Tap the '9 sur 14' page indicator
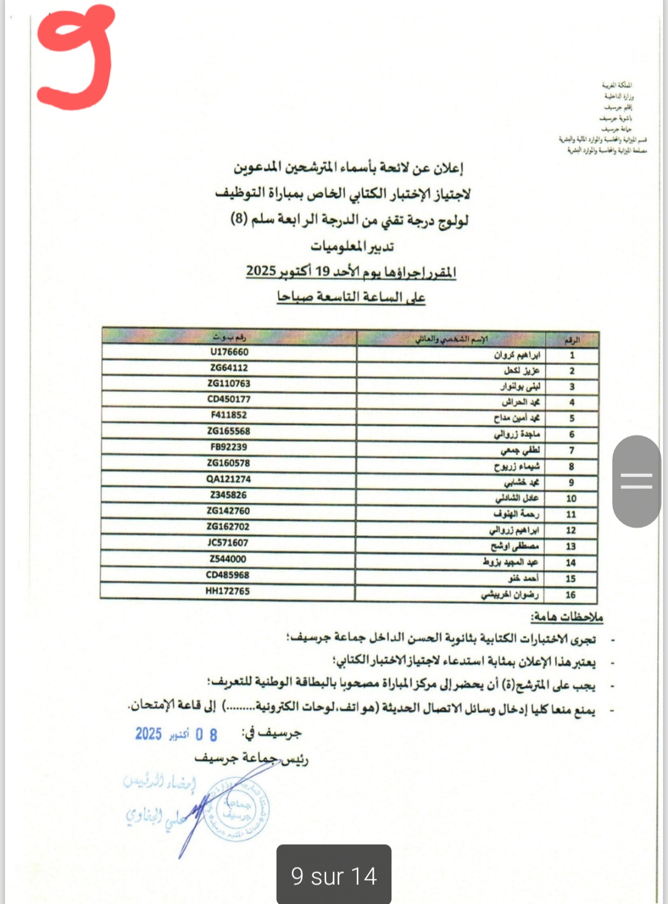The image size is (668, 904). pos(333,876)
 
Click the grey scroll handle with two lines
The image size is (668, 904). pos(636,481)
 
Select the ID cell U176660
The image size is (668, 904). pos(229,352)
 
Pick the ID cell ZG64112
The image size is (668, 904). pos(229,368)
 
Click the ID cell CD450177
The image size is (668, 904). pos(229,399)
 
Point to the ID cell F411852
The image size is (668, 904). pos(229,415)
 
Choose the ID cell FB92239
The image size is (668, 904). pos(229,447)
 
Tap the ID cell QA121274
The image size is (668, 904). pos(229,479)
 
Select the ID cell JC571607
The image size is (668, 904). pos(228,543)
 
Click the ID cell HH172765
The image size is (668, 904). pos(228,591)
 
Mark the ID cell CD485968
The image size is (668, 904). pos(228,575)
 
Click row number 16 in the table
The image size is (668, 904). pos(570,595)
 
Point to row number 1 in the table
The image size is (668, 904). pos(572,355)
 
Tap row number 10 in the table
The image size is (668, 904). pos(571,499)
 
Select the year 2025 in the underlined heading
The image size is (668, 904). pos(260,270)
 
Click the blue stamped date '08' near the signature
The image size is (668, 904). pos(207,734)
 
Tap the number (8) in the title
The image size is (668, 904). pos(239,219)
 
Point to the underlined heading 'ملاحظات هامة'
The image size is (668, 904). pos(566,617)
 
